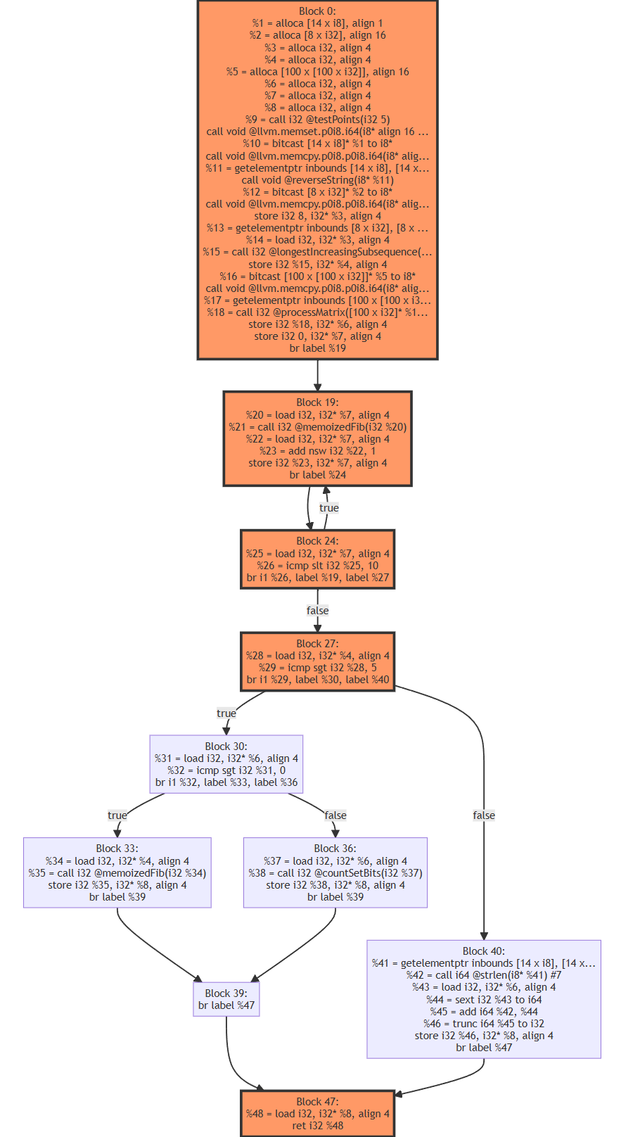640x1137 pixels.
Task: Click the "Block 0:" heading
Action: click(x=317, y=11)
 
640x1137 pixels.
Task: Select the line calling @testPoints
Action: click(x=317, y=120)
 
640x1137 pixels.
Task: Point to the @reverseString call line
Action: click(x=317, y=180)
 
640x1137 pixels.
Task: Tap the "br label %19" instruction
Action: click(x=317, y=348)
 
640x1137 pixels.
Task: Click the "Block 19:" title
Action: click(x=317, y=402)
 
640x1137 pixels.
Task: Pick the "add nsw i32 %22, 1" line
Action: click(x=317, y=451)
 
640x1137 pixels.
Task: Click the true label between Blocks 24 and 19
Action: click(x=329, y=508)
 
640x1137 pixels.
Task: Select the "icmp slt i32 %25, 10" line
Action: click(x=317, y=566)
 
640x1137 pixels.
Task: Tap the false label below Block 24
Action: click(x=317, y=611)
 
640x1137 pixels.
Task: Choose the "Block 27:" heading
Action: click(x=317, y=644)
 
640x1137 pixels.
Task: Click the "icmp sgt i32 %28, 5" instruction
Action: click(x=317, y=668)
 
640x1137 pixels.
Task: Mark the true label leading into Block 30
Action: click(x=226, y=713)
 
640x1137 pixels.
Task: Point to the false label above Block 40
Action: click(x=484, y=815)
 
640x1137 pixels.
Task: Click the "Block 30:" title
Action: click(x=226, y=747)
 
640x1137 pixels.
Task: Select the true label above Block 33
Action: click(x=117, y=815)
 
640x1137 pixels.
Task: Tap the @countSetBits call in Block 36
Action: click(x=335, y=873)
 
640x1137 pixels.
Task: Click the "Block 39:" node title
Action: click(x=226, y=993)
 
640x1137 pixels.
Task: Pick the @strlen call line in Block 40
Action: click(x=484, y=975)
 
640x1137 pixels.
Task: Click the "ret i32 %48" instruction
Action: click(x=317, y=1126)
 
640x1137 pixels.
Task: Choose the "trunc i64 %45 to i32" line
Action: click(x=484, y=1024)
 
